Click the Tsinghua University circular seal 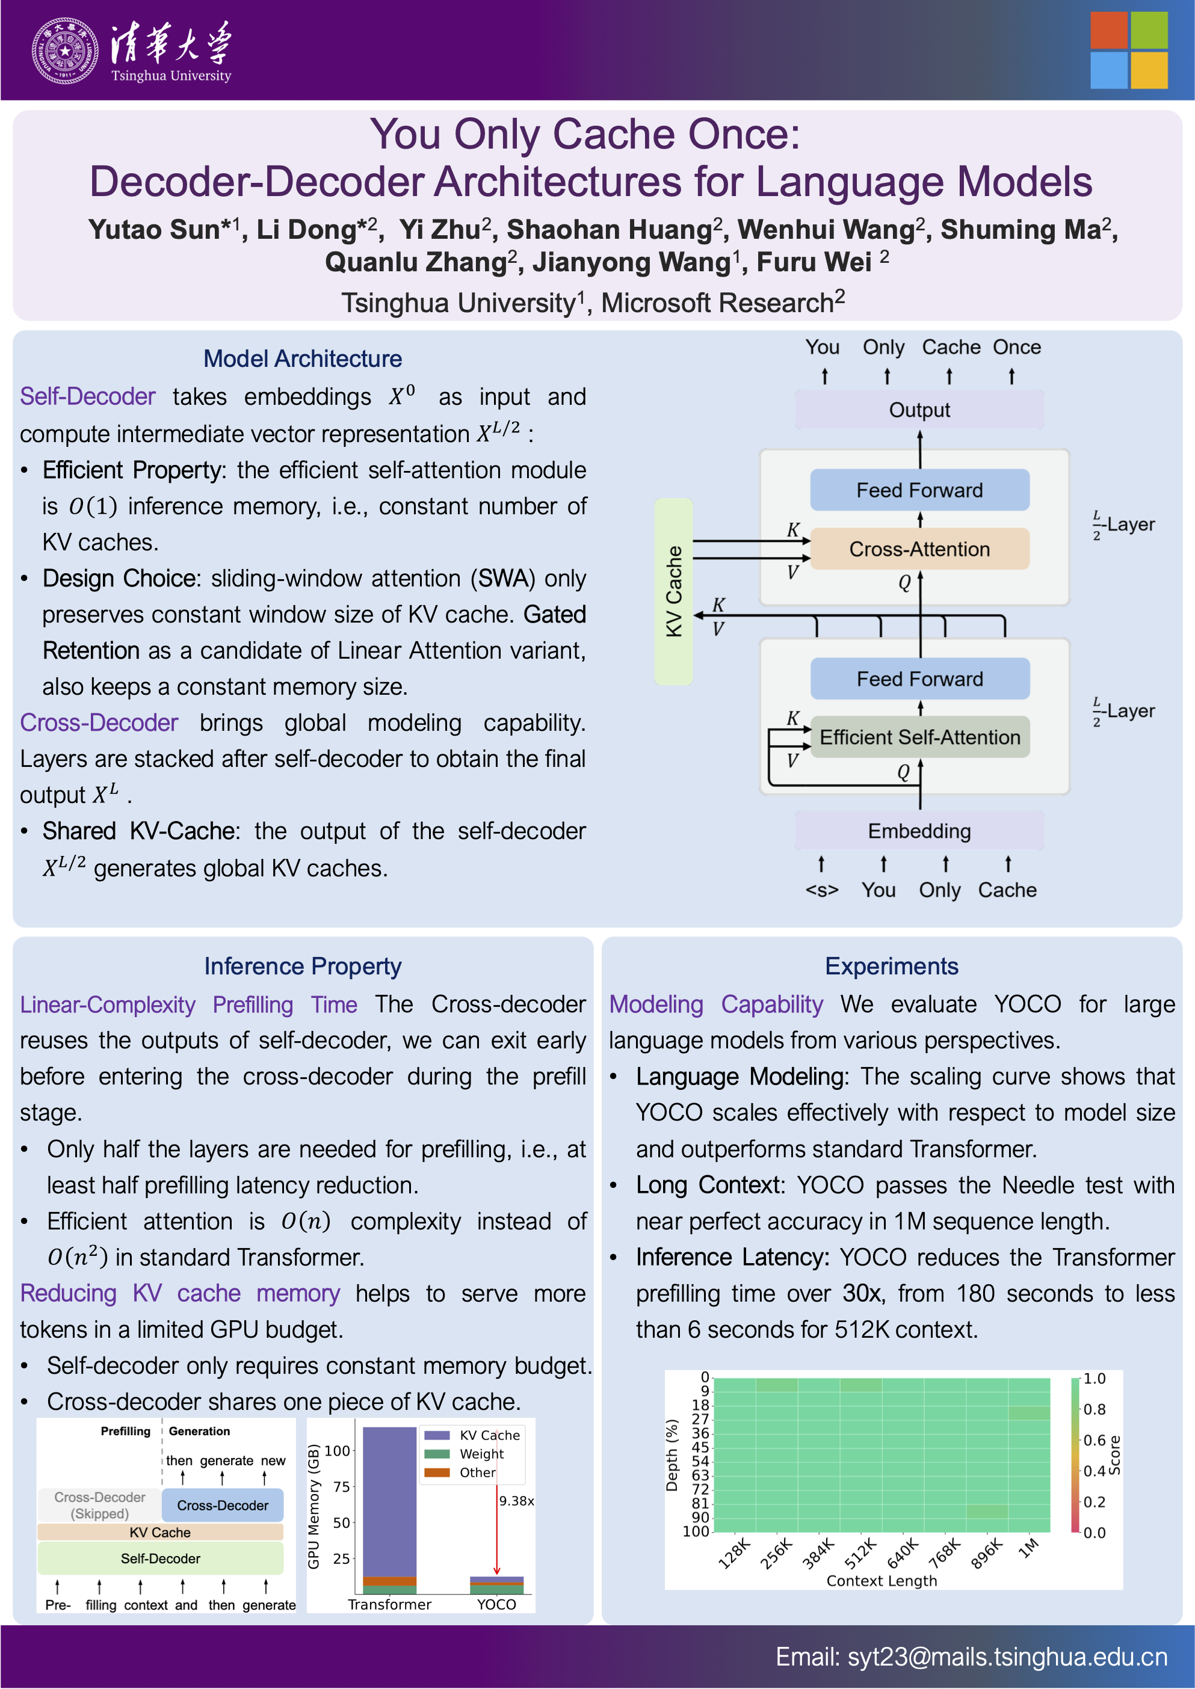[x=65, y=51]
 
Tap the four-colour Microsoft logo [x=1128, y=50]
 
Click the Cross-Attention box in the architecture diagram [x=919, y=549]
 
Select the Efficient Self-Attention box [x=919, y=737]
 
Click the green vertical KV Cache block [x=673, y=591]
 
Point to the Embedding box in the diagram [x=919, y=831]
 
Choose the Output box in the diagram [x=919, y=410]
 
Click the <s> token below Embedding [x=821, y=890]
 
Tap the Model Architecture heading [x=303, y=358]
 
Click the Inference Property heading [x=303, y=966]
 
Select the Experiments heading [x=891, y=966]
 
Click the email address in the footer [x=971, y=1657]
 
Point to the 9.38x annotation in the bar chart [x=516, y=1501]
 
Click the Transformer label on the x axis [x=389, y=1604]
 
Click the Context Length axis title [x=882, y=1581]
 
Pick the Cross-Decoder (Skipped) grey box [x=99, y=1505]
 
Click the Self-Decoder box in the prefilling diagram [x=161, y=1558]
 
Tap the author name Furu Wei [x=814, y=262]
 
